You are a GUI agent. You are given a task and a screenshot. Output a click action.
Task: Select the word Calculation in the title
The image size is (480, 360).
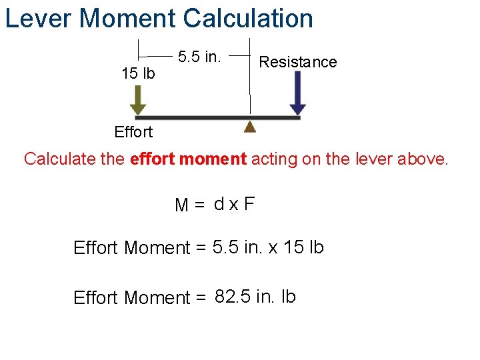pos(248,18)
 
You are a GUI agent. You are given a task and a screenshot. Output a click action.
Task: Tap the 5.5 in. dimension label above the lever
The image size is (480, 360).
pos(199,57)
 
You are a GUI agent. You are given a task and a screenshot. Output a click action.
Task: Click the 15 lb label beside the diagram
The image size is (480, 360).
pos(138,73)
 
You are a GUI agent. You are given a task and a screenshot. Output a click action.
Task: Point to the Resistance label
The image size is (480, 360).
pos(298,62)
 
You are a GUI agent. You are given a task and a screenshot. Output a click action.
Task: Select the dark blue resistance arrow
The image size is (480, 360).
pos(298,93)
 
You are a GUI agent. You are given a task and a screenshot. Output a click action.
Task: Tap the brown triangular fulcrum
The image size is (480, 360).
pos(250,126)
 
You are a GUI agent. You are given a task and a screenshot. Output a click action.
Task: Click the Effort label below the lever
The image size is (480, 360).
pos(133,132)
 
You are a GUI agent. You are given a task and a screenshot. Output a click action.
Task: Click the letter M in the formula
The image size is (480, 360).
pos(181,205)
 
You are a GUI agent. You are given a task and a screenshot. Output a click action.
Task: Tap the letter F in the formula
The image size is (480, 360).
pos(249,203)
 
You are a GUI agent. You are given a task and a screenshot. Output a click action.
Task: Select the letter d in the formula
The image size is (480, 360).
pos(219,203)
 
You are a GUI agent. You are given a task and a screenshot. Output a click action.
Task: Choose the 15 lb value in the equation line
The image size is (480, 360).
pos(303,247)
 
